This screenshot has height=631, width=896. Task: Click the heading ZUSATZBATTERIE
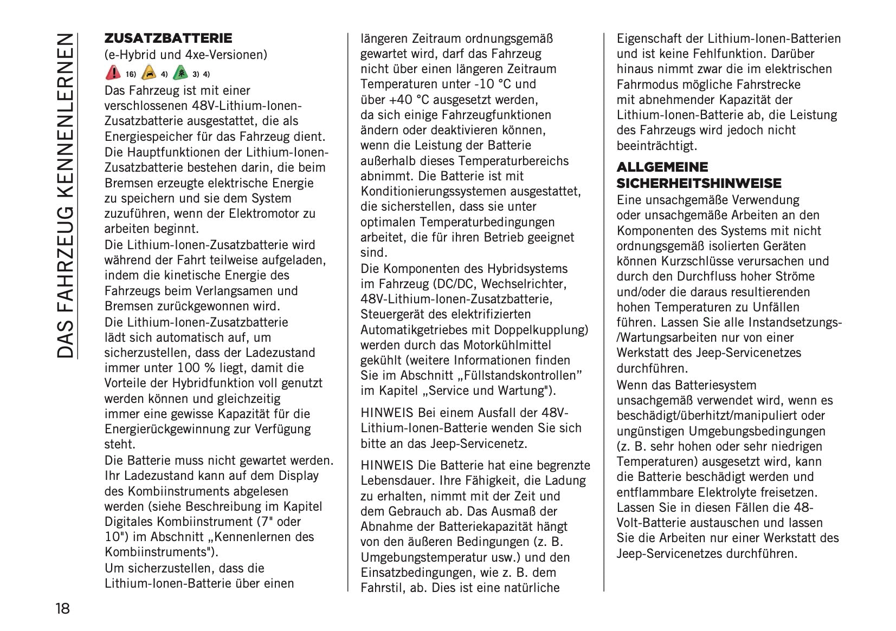(x=168, y=38)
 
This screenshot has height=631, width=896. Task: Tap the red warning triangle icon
(x=113, y=73)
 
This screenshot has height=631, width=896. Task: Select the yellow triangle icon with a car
(x=148, y=73)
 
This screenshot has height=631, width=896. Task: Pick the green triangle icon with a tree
(x=180, y=73)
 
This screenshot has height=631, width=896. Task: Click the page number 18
(x=62, y=608)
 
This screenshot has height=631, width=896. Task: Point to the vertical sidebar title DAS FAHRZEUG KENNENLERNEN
(x=65, y=195)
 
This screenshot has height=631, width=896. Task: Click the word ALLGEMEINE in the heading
(x=662, y=167)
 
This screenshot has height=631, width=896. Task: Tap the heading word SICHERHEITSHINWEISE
(x=699, y=183)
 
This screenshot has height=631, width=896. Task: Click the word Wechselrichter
(x=524, y=284)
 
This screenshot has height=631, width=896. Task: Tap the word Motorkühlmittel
(x=507, y=345)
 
